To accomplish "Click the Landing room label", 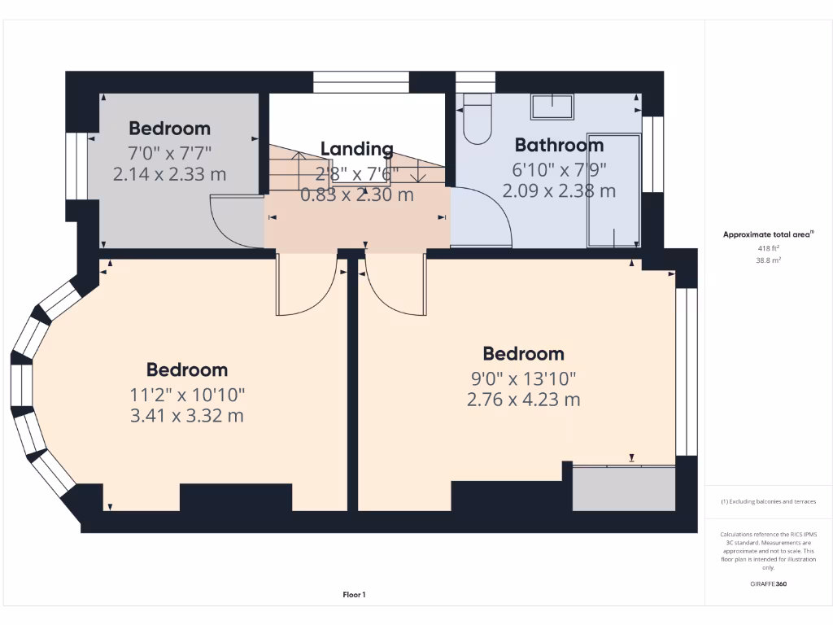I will point(356,149).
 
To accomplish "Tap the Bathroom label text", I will point(559,146).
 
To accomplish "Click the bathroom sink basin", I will point(552,107).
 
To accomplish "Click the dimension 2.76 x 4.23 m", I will point(523,400).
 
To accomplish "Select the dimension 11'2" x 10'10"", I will point(187,395).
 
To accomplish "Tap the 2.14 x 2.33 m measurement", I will point(169,174).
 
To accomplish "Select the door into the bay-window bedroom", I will point(307,285).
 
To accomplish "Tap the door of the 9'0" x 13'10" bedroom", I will point(395,285).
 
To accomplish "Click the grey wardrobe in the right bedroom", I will point(624,488).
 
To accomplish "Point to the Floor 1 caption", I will point(354,595).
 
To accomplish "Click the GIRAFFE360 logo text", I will point(768,583).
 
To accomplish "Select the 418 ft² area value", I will point(768,247).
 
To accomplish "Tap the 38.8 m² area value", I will point(768,260).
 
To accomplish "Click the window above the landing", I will point(360,82).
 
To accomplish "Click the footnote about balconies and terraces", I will point(768,501).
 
